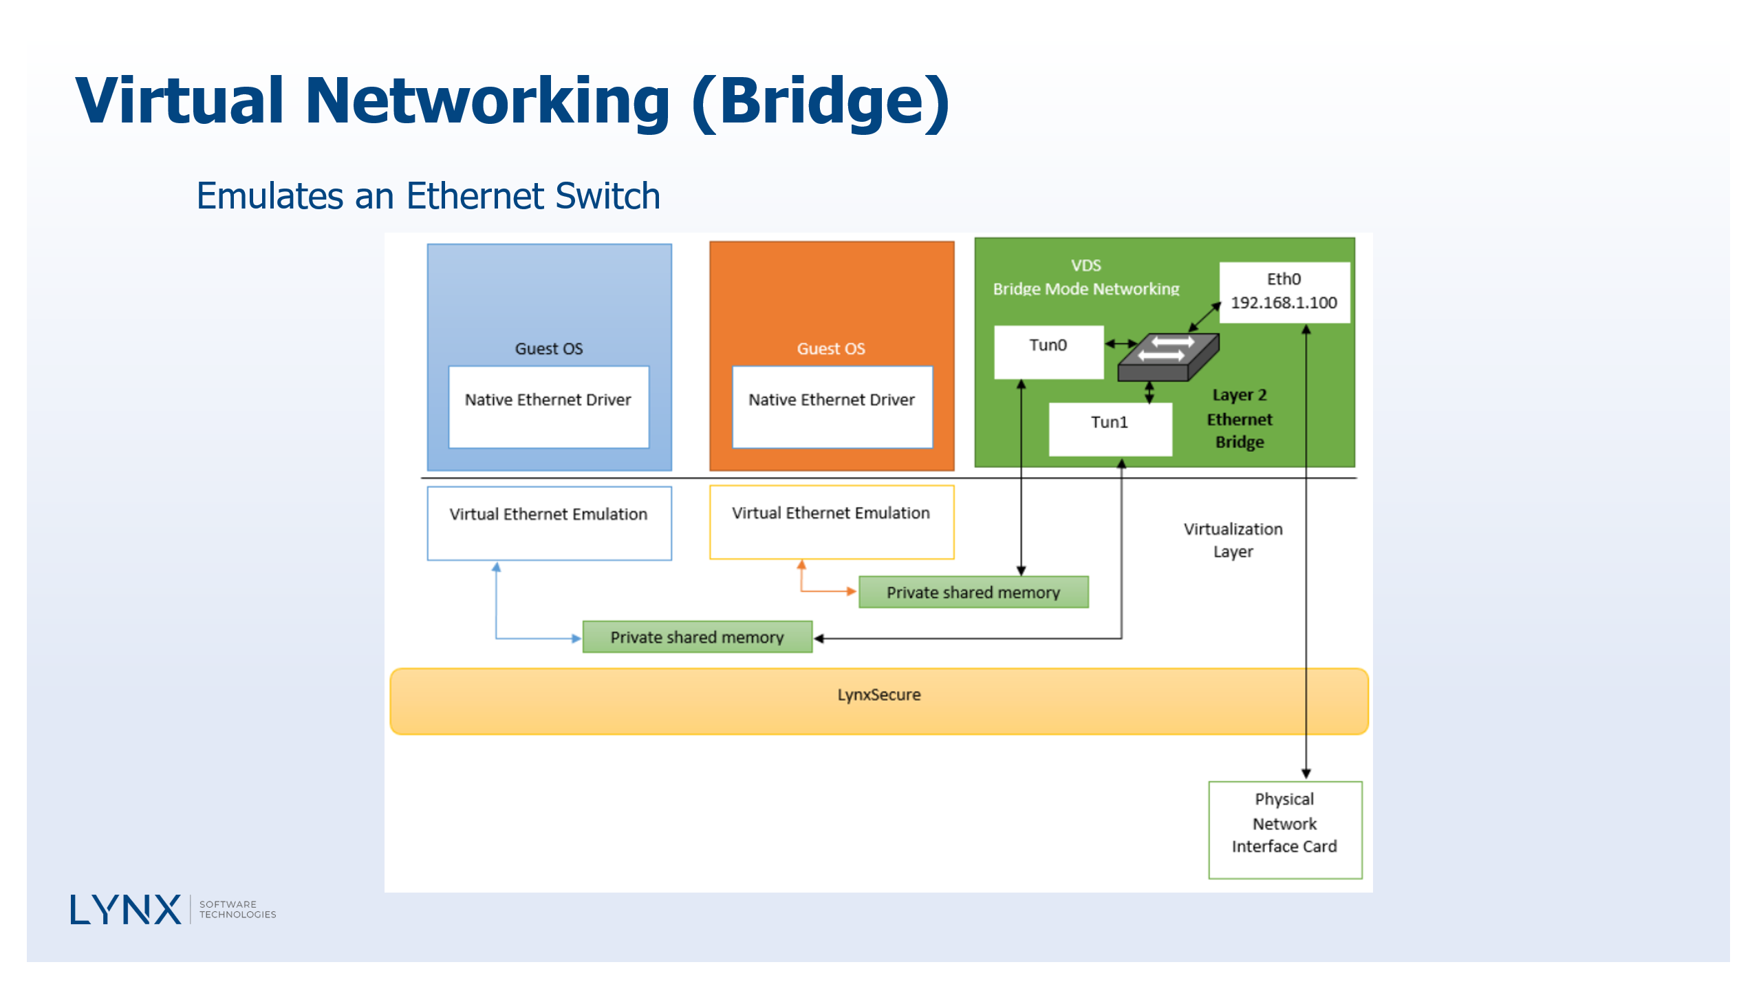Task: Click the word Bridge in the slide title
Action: tap(822, 101)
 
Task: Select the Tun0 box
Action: tap(1048, 352)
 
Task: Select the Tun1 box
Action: tap(1110, 428)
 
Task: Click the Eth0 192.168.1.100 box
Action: tap(1284, 292)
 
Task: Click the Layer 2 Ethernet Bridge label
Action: tap(1239, 418)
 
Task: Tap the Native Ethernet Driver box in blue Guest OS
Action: tap(548, 407)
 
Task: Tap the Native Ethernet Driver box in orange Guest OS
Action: tap(832, 407)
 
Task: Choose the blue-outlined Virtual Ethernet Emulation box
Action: tap(548, 523)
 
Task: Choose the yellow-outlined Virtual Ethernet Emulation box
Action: tap(831, 522)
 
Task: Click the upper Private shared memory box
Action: tap(973, 593)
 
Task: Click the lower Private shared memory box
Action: tap(697, 637)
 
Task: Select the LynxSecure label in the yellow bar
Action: tap(878, 695)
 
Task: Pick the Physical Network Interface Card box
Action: tap(1284, 829)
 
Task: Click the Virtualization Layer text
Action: tap(1233, 540)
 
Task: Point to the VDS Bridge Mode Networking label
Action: tap(1085, 277)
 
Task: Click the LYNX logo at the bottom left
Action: tap(126, 910)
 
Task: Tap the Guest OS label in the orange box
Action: tap(831, 349)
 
